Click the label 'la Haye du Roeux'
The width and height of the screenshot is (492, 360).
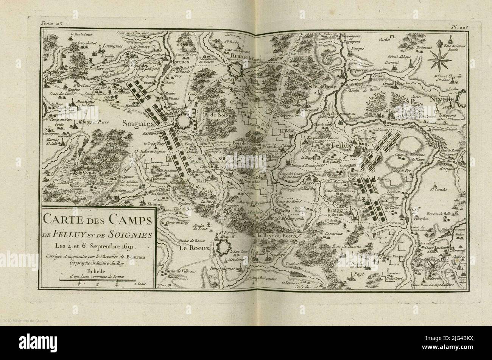point(278,235)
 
